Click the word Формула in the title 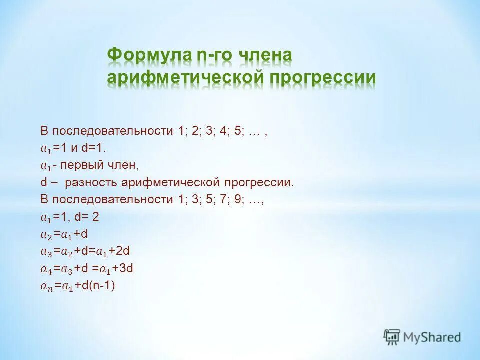point(149,56)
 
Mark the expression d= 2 point(90,216)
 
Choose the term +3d point(122,268)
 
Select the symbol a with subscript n point(46,286)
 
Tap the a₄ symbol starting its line point(46,269)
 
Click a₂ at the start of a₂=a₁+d point(46,234)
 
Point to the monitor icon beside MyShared point(392,337)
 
